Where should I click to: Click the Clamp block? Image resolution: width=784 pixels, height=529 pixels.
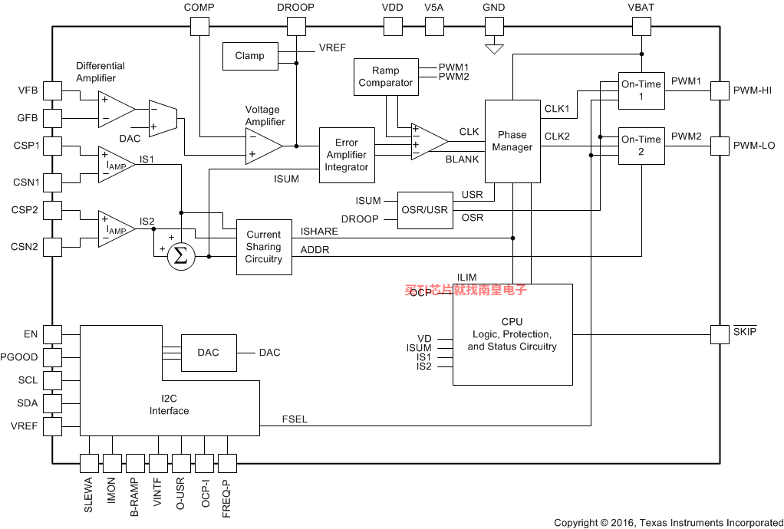250,55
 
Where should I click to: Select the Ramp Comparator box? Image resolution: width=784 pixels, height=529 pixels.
385,77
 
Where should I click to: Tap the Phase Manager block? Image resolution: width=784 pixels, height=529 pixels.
512,141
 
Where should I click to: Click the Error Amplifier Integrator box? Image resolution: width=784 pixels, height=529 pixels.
347,155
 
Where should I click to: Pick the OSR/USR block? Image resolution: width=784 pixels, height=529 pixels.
424,210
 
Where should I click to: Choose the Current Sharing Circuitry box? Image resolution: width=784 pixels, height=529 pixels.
264,247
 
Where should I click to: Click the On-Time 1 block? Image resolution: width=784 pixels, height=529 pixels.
641,90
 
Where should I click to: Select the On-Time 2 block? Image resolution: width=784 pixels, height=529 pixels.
641,146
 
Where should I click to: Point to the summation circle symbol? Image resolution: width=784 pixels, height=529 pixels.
180,257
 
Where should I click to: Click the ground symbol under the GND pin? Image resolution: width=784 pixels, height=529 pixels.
495,49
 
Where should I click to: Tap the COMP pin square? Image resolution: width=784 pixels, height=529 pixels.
199,27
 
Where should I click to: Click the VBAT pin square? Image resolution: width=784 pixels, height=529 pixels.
641,27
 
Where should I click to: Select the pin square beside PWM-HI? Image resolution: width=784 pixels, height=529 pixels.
720,90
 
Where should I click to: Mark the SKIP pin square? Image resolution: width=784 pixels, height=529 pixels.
720,334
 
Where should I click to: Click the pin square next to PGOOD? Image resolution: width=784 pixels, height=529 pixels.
52,357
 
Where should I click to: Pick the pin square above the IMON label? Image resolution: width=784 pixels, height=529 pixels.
112,463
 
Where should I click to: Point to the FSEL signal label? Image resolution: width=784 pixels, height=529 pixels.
295,419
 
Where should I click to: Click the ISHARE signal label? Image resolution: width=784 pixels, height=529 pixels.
319,232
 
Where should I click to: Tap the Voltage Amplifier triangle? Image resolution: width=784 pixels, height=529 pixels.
263,146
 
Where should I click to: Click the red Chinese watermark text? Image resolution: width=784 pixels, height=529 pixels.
466,291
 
